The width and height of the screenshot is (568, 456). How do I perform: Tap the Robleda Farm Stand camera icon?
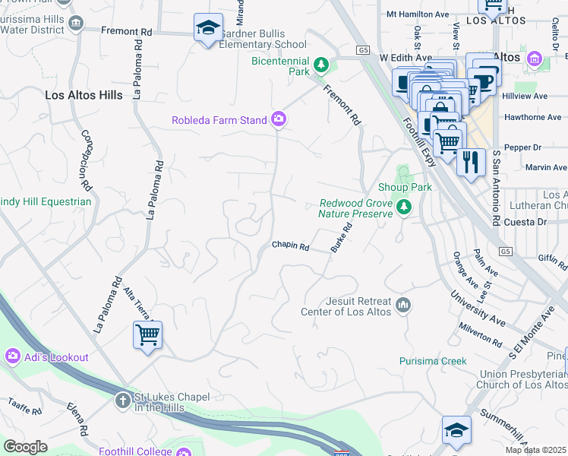(279, 119)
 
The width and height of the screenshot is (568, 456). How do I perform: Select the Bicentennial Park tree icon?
(321, 64)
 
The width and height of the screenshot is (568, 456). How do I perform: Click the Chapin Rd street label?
(291, 246)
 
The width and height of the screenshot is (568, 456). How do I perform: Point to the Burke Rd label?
(342, 238)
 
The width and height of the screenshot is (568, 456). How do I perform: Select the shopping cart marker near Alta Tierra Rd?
(147, 335)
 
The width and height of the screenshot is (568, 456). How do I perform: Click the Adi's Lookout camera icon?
(12, 356)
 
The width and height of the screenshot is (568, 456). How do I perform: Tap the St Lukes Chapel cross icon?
(123, 399)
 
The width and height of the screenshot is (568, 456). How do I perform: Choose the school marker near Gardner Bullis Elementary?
(208, 29)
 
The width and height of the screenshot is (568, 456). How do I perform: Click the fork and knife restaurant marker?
(471, 162)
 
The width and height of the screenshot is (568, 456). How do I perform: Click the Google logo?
(25, 447)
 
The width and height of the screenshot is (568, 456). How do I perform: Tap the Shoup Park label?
(405, 188)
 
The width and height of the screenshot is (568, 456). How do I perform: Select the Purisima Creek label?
(433, 361)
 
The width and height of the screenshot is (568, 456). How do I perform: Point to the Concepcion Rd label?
(86, 160)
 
